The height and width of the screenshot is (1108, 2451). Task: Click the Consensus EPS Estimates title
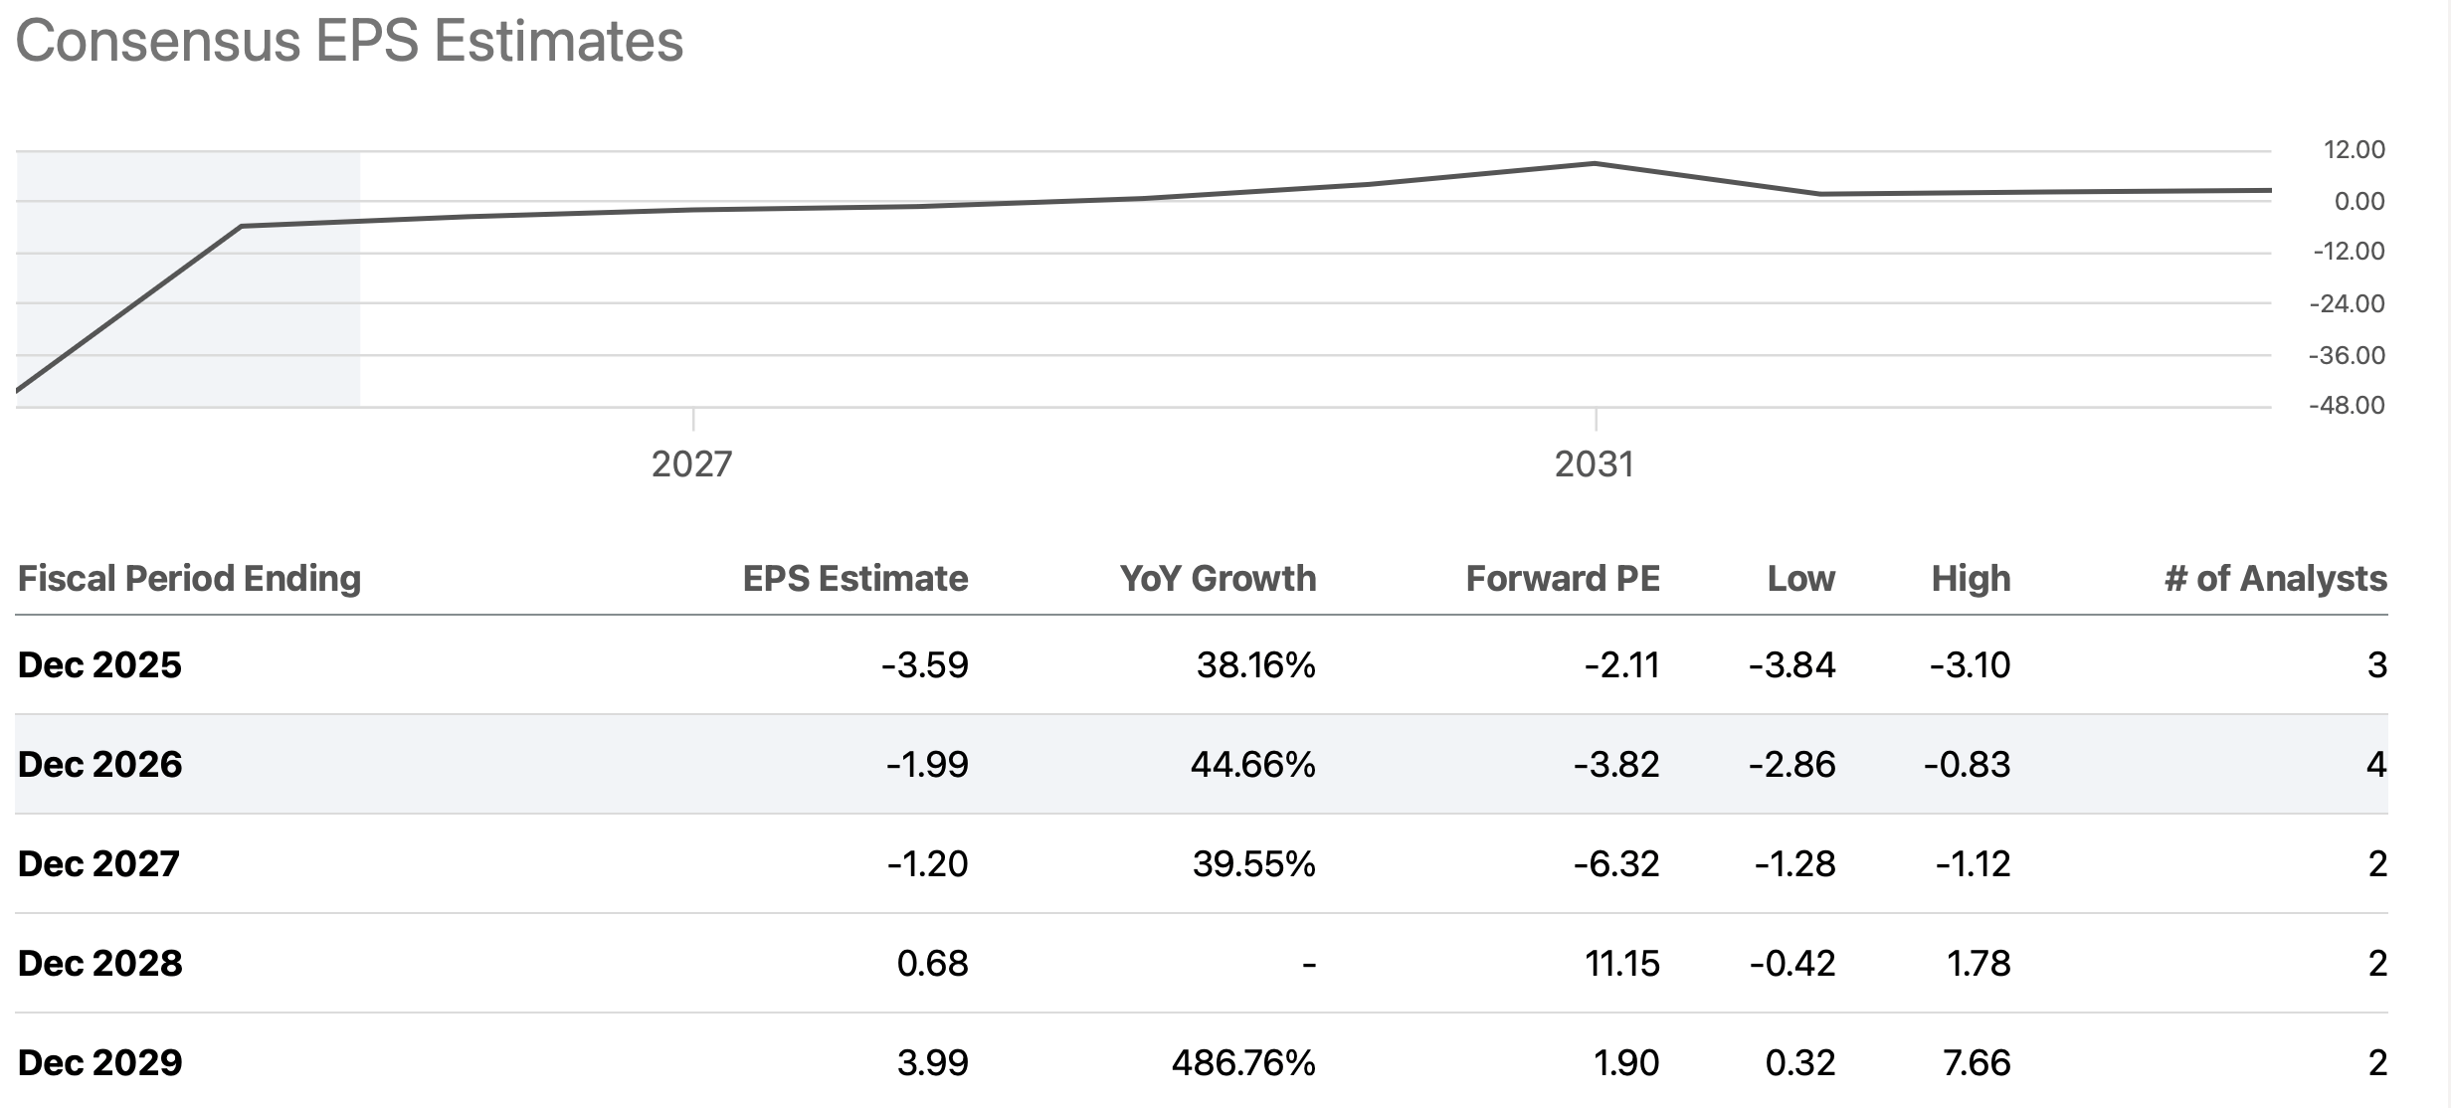tap(349, 42)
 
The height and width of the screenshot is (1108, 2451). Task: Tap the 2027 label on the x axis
tap(691, 464)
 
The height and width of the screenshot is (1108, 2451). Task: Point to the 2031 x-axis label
tap(1594, 464)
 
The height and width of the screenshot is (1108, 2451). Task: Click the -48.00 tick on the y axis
tap(2346, 406)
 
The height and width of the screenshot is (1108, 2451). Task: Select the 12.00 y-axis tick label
tap(2354, 150)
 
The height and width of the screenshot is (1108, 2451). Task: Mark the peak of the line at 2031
tap(1595, 163)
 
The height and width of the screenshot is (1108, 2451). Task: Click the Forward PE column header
tap(1562, 579)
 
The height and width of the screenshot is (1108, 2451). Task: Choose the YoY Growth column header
tap(1217, 579)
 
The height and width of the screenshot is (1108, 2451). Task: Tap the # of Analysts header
tap(2275, 579)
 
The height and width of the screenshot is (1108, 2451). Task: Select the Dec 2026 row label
tap(100, 765)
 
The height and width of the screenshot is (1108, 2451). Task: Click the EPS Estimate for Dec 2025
tap(924, 665)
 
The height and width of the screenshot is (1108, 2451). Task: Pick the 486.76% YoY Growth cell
tap(1242, 1063)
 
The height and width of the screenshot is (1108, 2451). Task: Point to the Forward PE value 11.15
tap(1621, 964)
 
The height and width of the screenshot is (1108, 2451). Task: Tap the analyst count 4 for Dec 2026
tap(2375, 765)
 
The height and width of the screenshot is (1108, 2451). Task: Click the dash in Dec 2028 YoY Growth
tap(1308, 964)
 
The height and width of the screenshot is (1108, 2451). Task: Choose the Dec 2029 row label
tap(100, 1063)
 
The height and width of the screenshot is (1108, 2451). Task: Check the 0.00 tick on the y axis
tap(2358, 202)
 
